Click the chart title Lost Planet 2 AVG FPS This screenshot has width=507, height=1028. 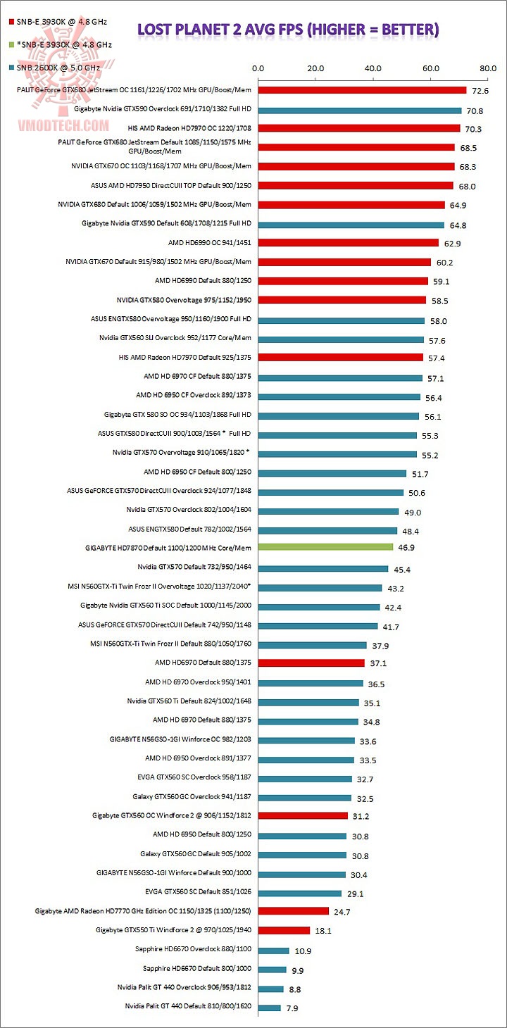(x=287, y=29)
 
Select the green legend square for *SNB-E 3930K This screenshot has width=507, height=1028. (x=11, y=44)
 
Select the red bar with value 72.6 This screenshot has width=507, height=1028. (x=362, y=90)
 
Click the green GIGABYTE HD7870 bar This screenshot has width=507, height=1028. (x=325, y=547)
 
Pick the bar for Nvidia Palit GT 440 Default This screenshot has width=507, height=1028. (x=269, y=1008)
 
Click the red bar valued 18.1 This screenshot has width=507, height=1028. (x=284, y=931)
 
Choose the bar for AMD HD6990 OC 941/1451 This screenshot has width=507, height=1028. (x=348, y=243)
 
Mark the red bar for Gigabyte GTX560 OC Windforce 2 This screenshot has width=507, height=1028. (x=303, y=816)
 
